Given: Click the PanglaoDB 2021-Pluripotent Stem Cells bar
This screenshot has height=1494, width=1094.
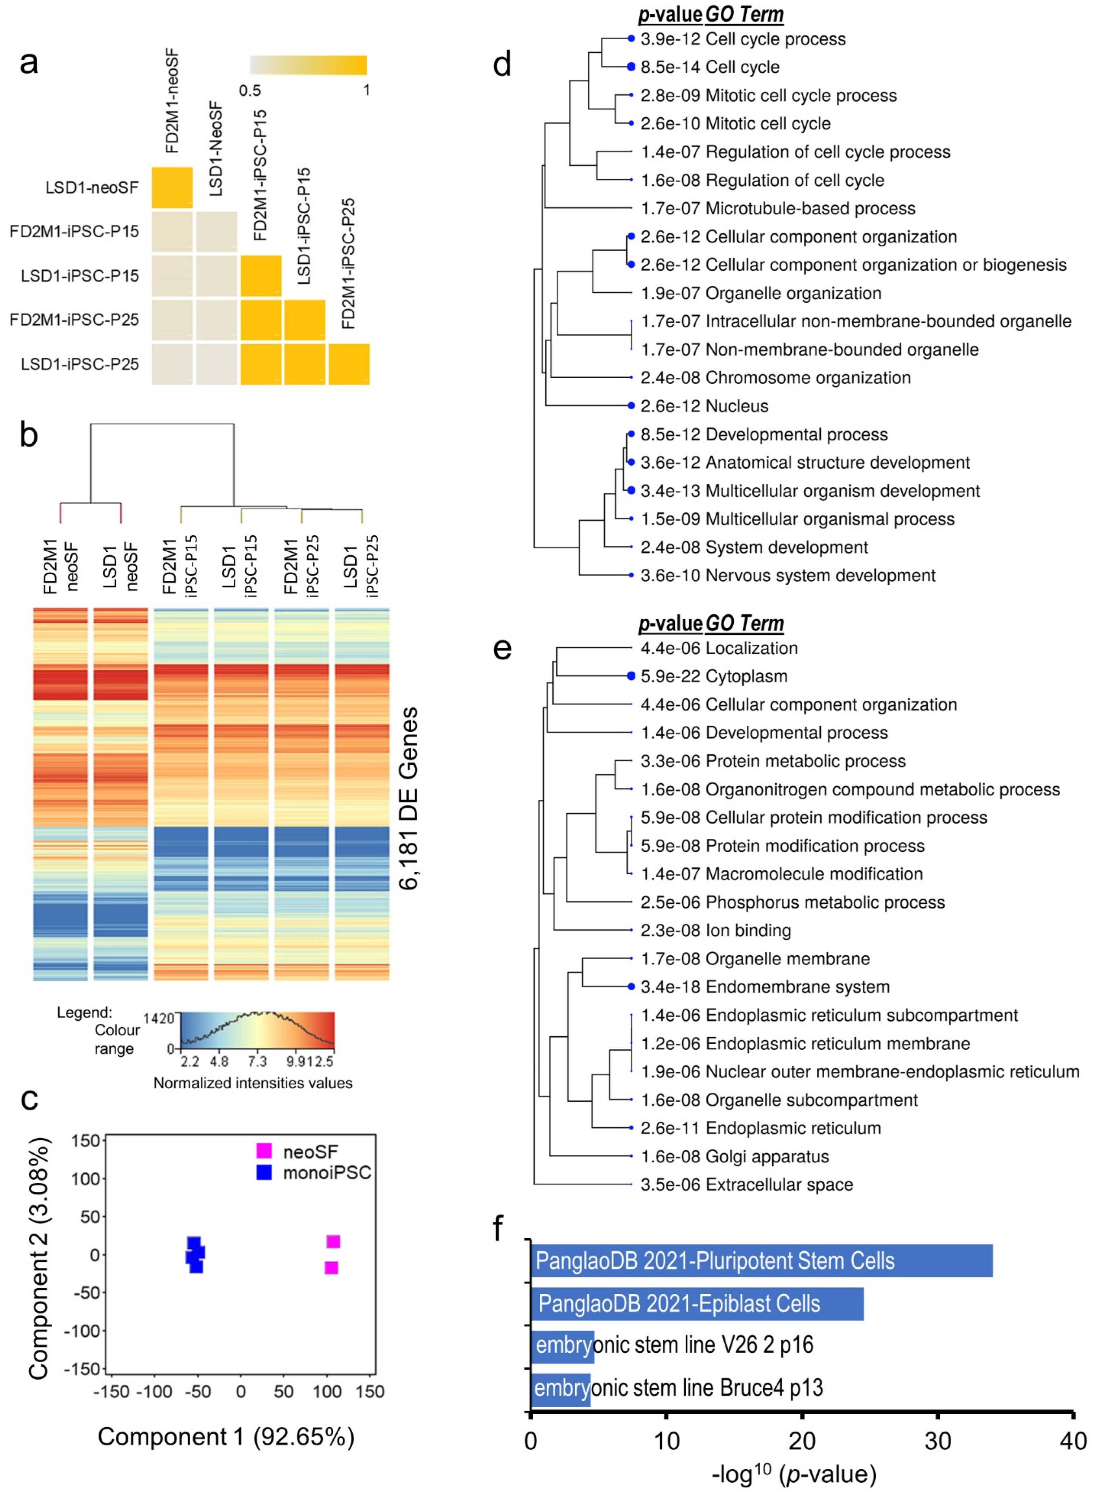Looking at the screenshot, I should tap(762, 1261).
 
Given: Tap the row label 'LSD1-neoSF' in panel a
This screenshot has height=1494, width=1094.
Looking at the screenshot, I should tap(92, 187).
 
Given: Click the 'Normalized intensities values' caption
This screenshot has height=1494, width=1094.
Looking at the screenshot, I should tap(253, 1083).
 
